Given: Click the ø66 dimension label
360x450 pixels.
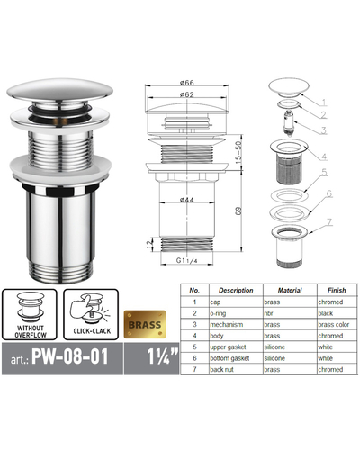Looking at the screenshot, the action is click(x=186, y=83).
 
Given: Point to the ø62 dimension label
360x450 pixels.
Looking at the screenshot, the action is click(x=186, y=94).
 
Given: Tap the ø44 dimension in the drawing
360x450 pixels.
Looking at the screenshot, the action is click(x=186, y=200).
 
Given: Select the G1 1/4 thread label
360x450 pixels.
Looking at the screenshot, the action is click(x=186, y=260).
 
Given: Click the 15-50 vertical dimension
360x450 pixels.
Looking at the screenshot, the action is click(x=238, y=152).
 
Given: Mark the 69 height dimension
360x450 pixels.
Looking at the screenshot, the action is click(x=238, y=211).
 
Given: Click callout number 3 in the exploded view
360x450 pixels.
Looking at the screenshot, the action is click(x=323, y=130).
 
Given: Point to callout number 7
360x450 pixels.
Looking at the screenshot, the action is click(x=329, y=222).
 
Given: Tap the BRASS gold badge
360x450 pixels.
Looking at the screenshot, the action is click(x=145, y=325).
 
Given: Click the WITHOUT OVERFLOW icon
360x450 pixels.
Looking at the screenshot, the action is click(x=30, y=314).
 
